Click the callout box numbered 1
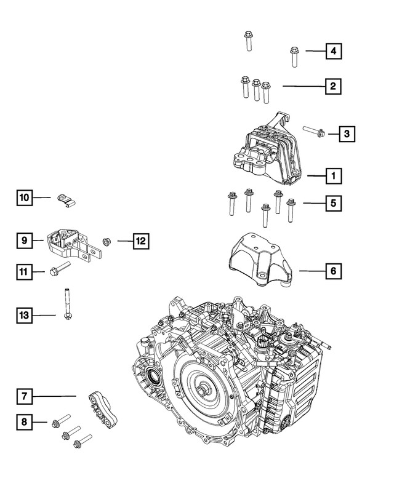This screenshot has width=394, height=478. point(333,177)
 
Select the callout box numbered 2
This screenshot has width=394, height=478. point(333,87)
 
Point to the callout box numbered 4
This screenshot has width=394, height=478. point(333,51)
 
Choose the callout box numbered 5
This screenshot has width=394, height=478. point(333,202)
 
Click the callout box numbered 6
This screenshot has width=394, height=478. point(333,270)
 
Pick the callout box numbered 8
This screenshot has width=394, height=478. point(24,422)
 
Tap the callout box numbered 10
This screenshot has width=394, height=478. point(24,197)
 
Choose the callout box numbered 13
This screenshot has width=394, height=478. point(24,316)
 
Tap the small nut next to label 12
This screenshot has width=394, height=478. point(106,241)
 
